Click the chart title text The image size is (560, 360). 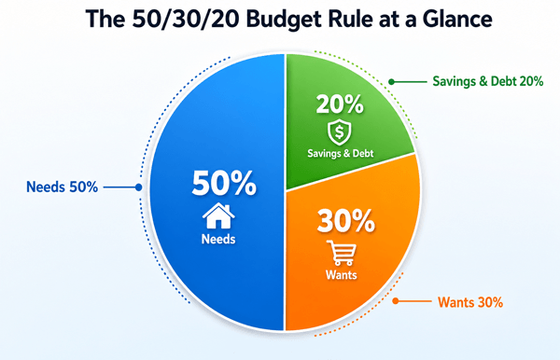[x=288, y=19]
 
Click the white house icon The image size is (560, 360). [x=218, y=215]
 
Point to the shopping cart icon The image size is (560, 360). [x=341, y=253]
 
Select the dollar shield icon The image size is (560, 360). [x=340, y=132]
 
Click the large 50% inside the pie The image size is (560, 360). [x=224, y=183]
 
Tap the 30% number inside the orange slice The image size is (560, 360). [x=345, y=221]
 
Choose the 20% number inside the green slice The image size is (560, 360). [x=340, y=104]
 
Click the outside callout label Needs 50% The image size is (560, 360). [x=63, y=187]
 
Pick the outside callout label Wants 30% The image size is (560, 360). [x=470, y=302]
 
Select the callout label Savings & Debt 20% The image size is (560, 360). [x=488, y=81]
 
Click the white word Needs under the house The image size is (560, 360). [x=218, y=239]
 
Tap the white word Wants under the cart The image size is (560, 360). [x=342, y=275]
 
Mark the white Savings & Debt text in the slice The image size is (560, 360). [x=341, y=153]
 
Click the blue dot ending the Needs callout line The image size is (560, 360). [x=138, y=187]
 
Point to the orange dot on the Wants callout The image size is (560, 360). [x=396, y=301]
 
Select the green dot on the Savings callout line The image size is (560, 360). [x=391, y=82]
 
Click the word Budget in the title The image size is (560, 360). [x=284, y=20]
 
